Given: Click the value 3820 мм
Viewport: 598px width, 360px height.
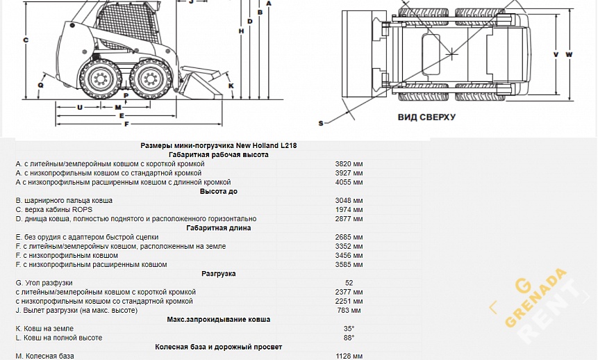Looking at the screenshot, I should coord(349,164).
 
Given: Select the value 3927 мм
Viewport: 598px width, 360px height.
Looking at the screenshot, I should coord(349,173).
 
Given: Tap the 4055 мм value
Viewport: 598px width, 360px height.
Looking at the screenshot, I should coord(349,182).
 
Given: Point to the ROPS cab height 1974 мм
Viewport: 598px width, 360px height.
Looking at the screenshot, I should coord(349,209).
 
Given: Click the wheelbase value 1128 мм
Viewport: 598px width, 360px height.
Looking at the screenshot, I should coord(349,356).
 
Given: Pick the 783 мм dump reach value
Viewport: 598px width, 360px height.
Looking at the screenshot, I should coord(349,310).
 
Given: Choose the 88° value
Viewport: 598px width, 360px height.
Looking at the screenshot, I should coord(349,338).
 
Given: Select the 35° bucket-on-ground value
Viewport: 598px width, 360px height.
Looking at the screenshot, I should coord(349,328).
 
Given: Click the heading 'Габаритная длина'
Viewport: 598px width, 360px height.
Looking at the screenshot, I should coord(219,228).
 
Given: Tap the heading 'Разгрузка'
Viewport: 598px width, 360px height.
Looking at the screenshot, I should coord(219,274).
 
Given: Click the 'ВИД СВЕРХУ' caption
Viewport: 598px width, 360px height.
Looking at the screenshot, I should coord(426,117).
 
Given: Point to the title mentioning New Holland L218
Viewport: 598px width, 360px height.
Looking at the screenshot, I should coord(219,146).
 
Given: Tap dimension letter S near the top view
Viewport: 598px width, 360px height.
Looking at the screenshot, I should coord(321,123).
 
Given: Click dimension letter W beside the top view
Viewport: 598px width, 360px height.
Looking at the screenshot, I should coord(569,54).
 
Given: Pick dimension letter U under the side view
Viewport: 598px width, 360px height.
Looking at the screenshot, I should coord(80,107).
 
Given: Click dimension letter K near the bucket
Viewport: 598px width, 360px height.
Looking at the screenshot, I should coord(231,85).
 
